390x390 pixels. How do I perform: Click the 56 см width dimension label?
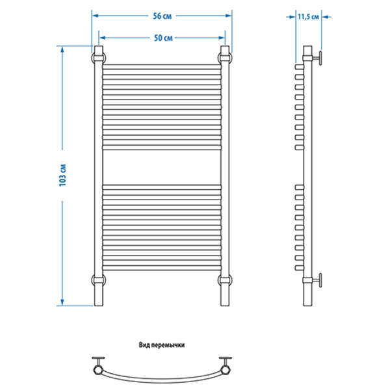tap(162, 16)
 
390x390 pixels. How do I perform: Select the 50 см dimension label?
tap(163, 38)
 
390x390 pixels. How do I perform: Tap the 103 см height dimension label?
tap(62, 175)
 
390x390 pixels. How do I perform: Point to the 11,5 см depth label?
tap(308, 17)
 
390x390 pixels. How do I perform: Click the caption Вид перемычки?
tap(162, 345)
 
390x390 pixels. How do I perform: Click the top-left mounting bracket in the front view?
tap(99, 58)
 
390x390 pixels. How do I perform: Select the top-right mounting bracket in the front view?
tap(225, 58)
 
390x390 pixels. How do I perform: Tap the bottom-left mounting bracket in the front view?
tap(99, 280)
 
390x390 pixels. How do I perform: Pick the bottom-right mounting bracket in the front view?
tap(225, 280)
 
